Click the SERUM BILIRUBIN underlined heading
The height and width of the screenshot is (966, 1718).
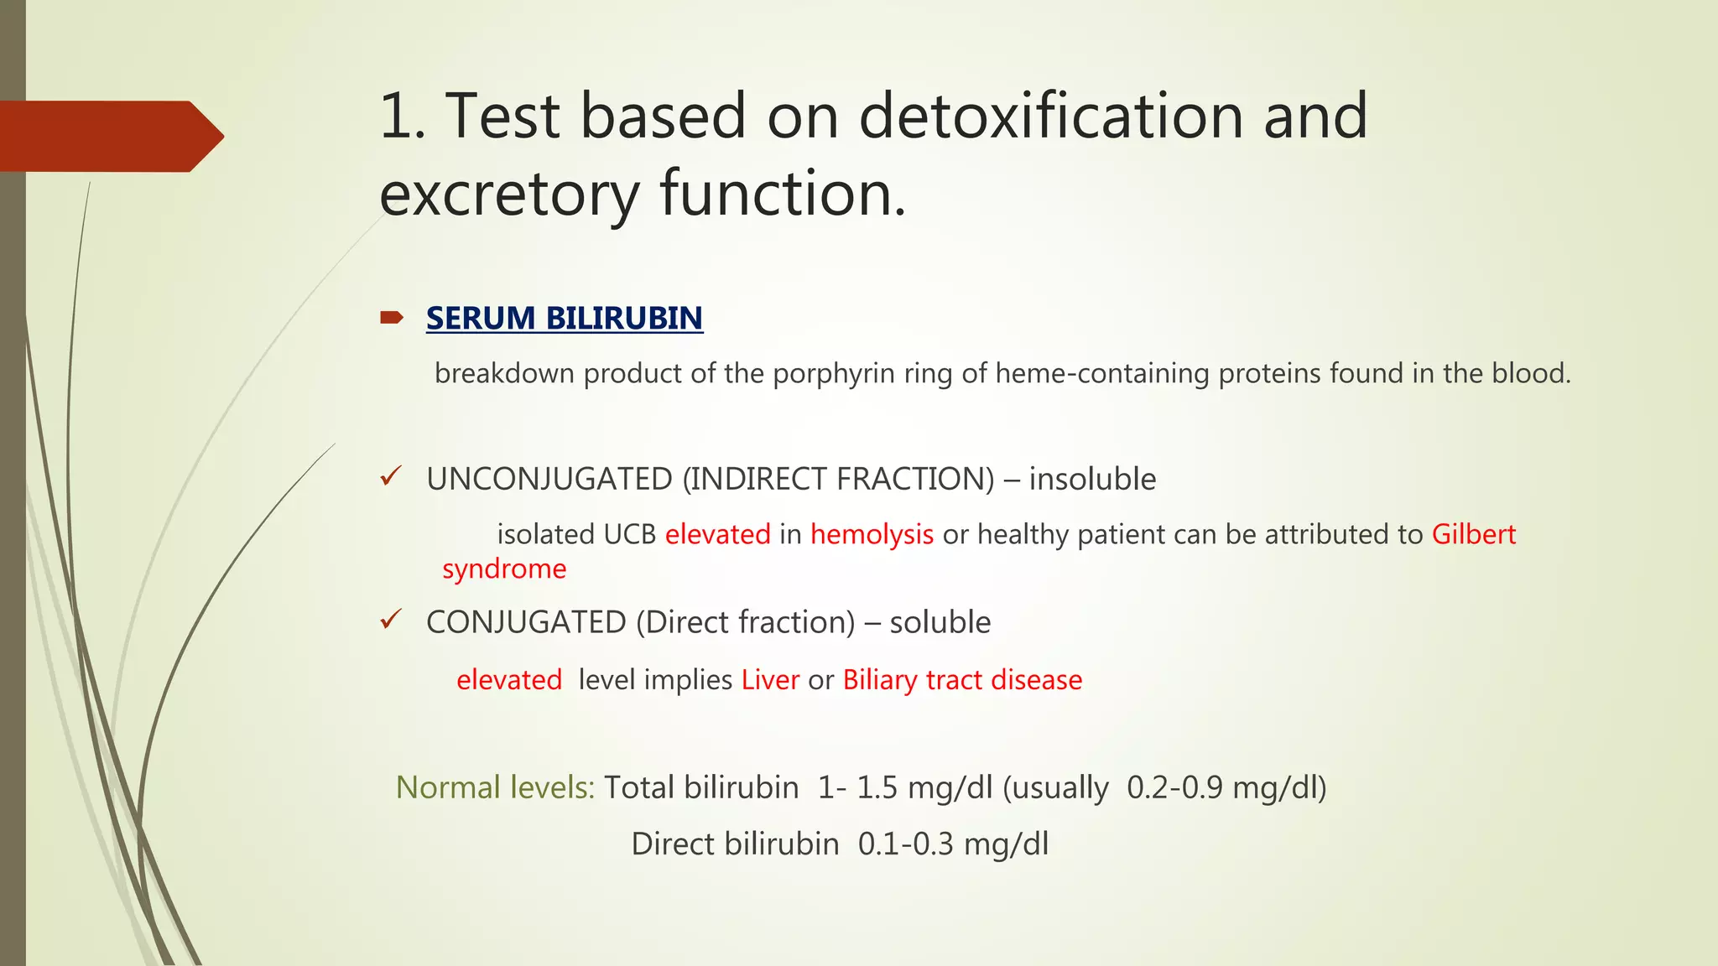coord(564,319)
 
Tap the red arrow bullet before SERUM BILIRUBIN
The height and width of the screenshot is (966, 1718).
coord(391,317)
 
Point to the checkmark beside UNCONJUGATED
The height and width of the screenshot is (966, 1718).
coord(391,477)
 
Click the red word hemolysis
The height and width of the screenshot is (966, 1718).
coord(872,534)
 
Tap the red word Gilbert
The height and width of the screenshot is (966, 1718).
coord(1473,534)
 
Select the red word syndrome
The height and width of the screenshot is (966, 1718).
coord(504,569)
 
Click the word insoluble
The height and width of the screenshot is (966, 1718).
coord(1092,479)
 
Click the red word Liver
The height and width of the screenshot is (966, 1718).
coord(770,679)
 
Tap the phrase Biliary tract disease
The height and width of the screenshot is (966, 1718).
coord(962,679)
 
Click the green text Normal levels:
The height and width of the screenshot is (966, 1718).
coord(495,787)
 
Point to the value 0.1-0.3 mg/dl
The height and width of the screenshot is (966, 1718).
coord(953,844)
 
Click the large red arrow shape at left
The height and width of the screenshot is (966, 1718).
coord(109,136)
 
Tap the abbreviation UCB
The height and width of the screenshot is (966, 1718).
coord(629,534)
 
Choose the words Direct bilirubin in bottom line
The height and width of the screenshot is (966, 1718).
coord(735,844)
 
